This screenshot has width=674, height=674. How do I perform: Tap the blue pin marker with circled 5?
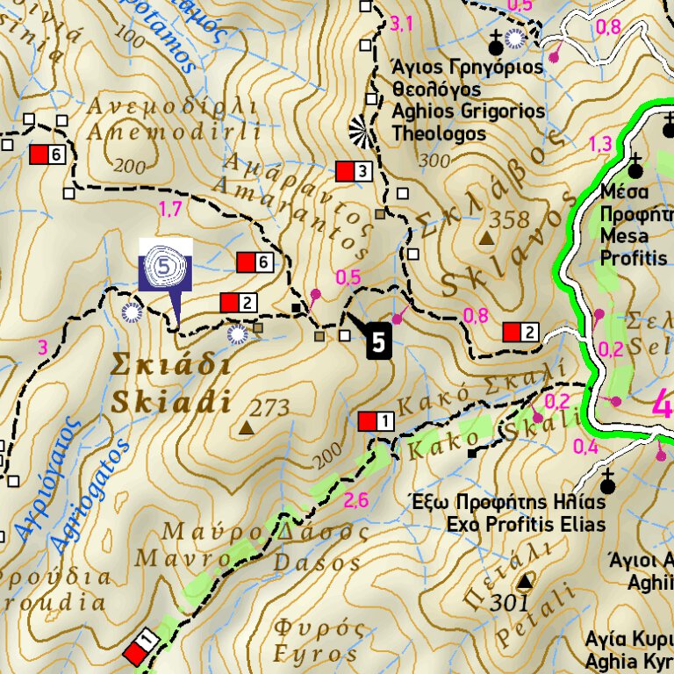[166, 264]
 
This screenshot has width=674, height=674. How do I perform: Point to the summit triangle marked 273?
[247, 428]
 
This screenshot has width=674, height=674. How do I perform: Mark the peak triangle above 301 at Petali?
[525, 582]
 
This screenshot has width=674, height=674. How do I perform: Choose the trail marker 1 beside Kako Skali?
[376, 422]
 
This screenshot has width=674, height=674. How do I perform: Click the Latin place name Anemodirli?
[174, 133]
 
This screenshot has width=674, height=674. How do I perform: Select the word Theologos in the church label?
[439, 134]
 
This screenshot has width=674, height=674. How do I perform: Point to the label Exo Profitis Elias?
[526, 525]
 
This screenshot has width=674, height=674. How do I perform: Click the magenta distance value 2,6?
[355, 501]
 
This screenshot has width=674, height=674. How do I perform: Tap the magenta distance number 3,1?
[401, 24]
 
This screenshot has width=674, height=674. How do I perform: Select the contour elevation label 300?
[434, 161]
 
